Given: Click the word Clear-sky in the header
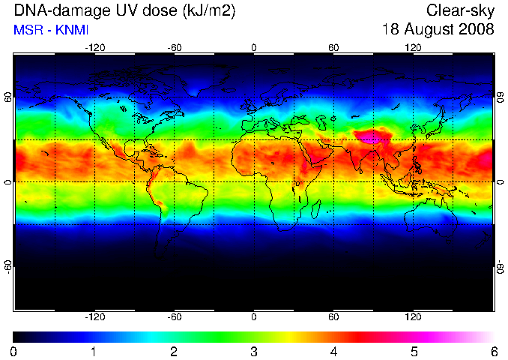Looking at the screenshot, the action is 460,10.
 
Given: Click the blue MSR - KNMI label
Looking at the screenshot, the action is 51,30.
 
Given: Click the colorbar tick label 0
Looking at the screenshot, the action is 13,352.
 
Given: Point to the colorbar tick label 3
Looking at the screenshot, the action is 254,352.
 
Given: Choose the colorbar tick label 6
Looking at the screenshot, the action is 495,352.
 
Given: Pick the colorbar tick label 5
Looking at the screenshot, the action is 414,352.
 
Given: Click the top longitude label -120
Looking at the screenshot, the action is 95,48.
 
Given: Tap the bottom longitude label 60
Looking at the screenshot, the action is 333,316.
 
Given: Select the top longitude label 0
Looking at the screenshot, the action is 254,48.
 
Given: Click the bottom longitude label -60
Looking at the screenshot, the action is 175,316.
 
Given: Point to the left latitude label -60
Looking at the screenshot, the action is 8,267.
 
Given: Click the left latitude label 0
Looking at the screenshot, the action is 8,182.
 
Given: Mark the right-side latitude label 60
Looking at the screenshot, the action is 501,97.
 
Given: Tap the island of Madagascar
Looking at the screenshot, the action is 316,209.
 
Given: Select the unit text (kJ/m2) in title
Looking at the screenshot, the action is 208,11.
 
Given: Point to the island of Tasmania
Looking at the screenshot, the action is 448,241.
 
